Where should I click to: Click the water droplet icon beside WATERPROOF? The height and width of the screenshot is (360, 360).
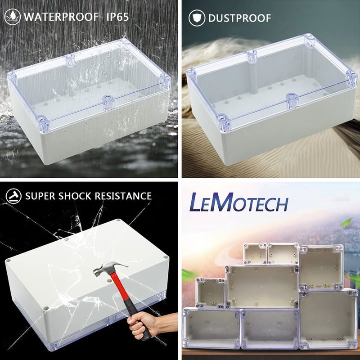click(13, 17)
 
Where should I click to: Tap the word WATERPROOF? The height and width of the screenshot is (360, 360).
click(61, 17)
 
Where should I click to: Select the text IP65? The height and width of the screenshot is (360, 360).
click(117, 17)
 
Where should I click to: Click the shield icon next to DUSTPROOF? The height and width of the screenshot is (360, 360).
click(197, 18)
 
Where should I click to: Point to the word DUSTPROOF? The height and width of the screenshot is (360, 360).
click(239, 18)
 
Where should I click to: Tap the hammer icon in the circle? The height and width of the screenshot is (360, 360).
click(13, 196)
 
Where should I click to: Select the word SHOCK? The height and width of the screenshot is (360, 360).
click(75, 196)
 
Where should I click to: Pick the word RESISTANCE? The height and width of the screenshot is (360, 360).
click(123, 196)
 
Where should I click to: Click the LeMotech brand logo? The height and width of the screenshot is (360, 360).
click(239, 202)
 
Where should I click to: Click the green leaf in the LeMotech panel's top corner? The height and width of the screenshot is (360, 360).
click(346, 222)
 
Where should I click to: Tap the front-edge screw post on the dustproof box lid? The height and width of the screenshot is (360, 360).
click(292, 101)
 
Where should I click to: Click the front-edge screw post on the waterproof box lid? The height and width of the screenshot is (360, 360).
click(108, 103)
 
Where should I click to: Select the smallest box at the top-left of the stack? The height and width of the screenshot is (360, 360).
click(255, 254)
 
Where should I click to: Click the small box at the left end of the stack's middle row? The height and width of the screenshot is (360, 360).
click(211, 292)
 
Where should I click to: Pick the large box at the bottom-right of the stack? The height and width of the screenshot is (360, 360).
click(329, 319)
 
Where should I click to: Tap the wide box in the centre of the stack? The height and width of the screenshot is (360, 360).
click(262, 287)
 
